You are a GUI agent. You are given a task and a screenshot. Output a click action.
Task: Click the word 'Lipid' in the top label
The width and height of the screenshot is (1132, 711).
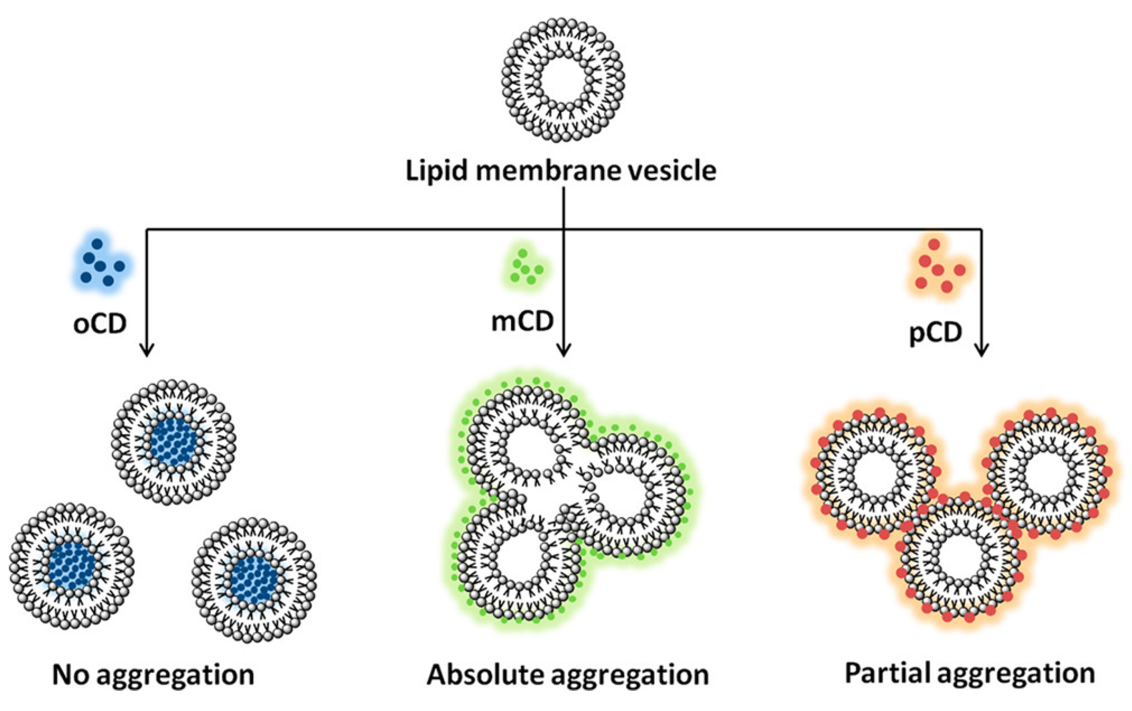(x=436, y=170)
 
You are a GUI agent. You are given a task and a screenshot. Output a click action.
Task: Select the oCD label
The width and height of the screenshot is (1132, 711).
(x=100, y=324)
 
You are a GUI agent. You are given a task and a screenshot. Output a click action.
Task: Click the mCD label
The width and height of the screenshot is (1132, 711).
(x=522, y=321)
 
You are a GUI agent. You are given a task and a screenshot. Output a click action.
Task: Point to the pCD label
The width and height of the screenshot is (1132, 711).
(x=935, y=332)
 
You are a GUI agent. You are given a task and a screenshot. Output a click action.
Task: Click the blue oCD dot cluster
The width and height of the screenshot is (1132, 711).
(x=101, y=262)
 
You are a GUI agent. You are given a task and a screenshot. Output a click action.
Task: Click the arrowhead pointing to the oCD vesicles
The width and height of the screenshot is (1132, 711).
(x=147, y=350)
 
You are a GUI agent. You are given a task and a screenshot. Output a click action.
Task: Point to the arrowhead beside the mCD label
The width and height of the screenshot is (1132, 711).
(x=563, y=350)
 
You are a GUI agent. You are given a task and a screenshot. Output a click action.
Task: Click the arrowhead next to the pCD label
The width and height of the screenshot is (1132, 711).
(x=981, y=350)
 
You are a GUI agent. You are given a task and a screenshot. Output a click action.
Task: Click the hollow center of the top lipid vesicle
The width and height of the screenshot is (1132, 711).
(x=563, y=79)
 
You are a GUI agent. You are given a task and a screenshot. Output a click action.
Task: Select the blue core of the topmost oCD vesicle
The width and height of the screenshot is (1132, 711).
(x=174, y=442)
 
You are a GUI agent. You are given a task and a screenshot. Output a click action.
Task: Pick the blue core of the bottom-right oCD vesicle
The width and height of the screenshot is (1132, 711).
(x=254, y=579)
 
